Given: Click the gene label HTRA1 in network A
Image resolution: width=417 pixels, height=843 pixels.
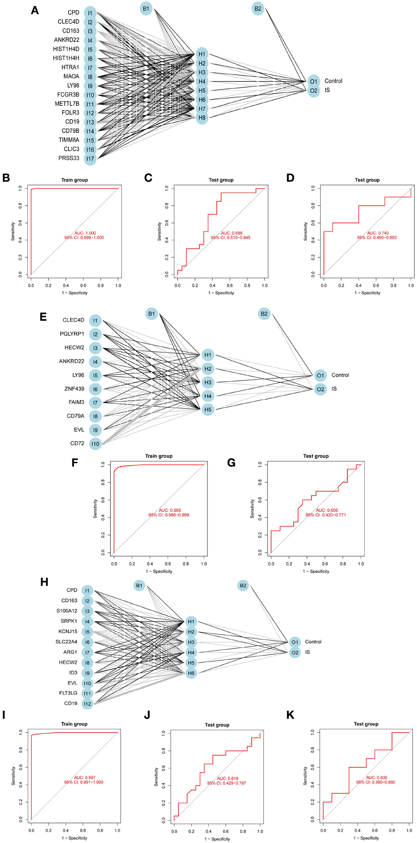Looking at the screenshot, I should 70,67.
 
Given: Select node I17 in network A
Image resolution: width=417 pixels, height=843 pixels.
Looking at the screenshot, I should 90,159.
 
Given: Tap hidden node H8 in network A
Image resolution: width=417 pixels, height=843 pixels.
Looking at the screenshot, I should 202,118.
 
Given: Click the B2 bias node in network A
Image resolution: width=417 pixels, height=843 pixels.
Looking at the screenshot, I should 258,8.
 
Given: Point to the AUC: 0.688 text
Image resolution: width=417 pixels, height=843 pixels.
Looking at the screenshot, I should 231,233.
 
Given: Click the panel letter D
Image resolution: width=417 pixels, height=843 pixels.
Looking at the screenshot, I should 290,178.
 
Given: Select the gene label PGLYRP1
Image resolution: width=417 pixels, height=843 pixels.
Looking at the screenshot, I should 72,334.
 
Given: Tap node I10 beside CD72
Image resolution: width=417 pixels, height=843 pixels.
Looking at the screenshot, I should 95,444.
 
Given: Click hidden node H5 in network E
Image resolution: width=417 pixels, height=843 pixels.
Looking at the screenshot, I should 208,410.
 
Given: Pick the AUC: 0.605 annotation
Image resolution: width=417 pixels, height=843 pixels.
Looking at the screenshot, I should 327,510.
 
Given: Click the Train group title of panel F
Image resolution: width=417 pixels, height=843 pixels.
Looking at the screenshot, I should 159,456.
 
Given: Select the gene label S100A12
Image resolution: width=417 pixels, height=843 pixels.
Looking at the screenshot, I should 67,611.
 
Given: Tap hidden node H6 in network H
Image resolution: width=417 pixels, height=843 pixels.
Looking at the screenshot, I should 191,673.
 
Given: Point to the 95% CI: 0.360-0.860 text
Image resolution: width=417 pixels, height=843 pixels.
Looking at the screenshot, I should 375,782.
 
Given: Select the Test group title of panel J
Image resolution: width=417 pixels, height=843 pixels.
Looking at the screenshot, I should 217,725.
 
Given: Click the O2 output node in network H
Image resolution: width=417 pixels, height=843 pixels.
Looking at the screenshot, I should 295,653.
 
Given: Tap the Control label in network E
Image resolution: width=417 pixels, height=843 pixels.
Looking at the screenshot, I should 340,375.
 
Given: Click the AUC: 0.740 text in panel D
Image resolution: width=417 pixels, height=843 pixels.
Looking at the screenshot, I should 378,233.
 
